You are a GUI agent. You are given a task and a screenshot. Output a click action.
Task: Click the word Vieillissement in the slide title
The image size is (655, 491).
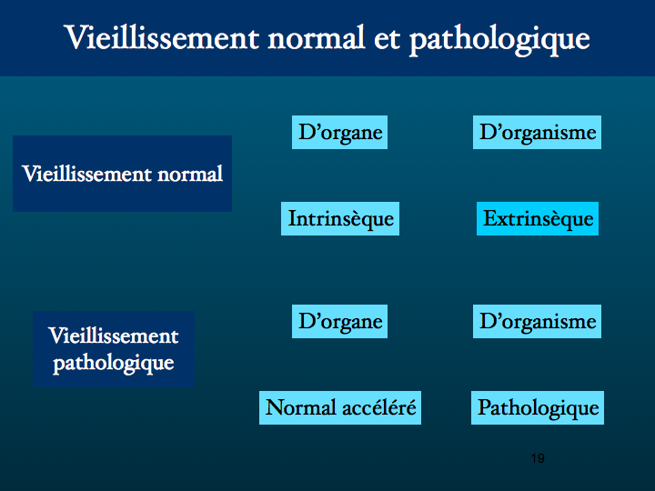coord(162,37)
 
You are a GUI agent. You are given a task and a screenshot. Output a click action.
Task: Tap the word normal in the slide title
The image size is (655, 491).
coord(317,37)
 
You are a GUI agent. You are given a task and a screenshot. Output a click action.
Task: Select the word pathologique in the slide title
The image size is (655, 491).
coord(499,41)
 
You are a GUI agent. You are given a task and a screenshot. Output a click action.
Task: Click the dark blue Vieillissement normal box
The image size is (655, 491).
coord(123,174)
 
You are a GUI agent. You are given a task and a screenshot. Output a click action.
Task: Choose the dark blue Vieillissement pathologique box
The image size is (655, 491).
coord(114,349)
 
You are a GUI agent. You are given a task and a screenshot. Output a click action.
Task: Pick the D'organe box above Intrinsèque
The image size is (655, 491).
coord(339,133)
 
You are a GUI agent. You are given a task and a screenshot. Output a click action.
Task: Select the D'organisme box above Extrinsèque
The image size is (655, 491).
coord(538,133)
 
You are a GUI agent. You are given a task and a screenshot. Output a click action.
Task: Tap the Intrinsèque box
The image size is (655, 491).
coord(340,219)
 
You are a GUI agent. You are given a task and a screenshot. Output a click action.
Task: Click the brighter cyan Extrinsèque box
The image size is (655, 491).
coord(538,219)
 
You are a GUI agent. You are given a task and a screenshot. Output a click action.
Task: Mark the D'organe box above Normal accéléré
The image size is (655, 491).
coord(339,322)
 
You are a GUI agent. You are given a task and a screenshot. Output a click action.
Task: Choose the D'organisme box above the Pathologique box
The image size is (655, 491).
coord(538,322)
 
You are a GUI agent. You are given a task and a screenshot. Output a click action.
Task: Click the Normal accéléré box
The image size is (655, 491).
coord(340,408)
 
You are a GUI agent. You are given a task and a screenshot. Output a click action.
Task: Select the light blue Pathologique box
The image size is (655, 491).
coord(538,408)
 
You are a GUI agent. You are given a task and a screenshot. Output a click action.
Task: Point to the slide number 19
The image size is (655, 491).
coord(538,458)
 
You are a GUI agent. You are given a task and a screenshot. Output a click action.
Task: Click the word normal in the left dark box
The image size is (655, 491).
coord(189,174)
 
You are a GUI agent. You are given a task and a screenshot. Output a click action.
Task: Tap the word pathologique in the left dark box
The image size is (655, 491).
coord(114,363)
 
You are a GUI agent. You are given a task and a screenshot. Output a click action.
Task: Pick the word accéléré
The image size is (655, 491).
coord(378,408)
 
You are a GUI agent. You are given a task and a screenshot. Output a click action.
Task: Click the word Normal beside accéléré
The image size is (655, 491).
coord(301,408)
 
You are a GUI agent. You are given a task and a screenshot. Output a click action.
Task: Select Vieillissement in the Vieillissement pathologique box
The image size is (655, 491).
coord(114,336)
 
